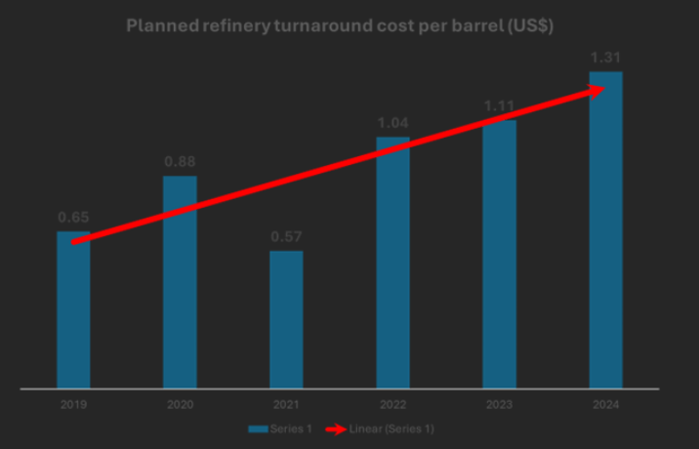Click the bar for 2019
pos(73,312)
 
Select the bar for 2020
pos(180,283)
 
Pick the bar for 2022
pos(392,264)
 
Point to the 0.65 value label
pos(73,217)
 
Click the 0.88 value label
pos(180,161)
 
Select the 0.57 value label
pos(286,236)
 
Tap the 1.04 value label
pos(392,123)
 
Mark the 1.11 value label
pos(499,105)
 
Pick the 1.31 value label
pos(605,57)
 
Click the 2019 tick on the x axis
pos(73,404)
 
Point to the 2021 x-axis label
pos(286,404)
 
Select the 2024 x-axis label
pos(605,404)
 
